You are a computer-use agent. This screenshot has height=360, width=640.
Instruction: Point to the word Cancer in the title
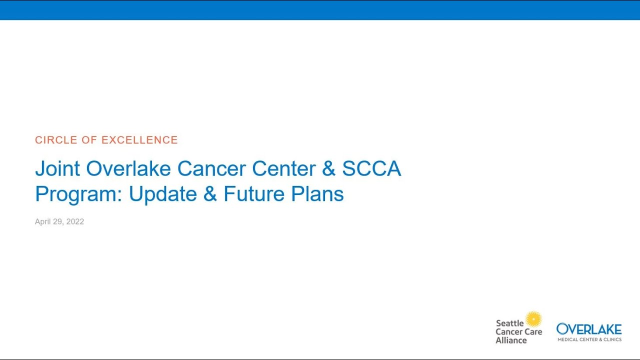point(211,169)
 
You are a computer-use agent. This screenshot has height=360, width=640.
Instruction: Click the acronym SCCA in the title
point(371,169)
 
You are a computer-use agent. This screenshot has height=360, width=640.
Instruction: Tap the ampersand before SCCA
point(328,169)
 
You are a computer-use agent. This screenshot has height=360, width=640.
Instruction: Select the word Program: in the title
point(78,194)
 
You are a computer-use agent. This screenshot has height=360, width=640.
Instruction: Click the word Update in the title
point(162,194)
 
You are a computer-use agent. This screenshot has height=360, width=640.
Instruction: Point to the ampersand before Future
point(210,194)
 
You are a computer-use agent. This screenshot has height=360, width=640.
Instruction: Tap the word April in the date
point(43,221)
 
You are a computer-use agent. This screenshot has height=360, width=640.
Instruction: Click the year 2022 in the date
point(74,221)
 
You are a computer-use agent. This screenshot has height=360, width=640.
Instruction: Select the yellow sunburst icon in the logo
point(533,319)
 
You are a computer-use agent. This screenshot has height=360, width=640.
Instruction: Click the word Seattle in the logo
point(509,323)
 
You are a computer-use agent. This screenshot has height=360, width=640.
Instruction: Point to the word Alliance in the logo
point(511,340)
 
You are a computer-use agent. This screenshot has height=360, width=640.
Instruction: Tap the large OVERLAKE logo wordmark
point(589,329)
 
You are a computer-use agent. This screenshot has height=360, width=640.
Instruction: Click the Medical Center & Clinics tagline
point(589,339)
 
